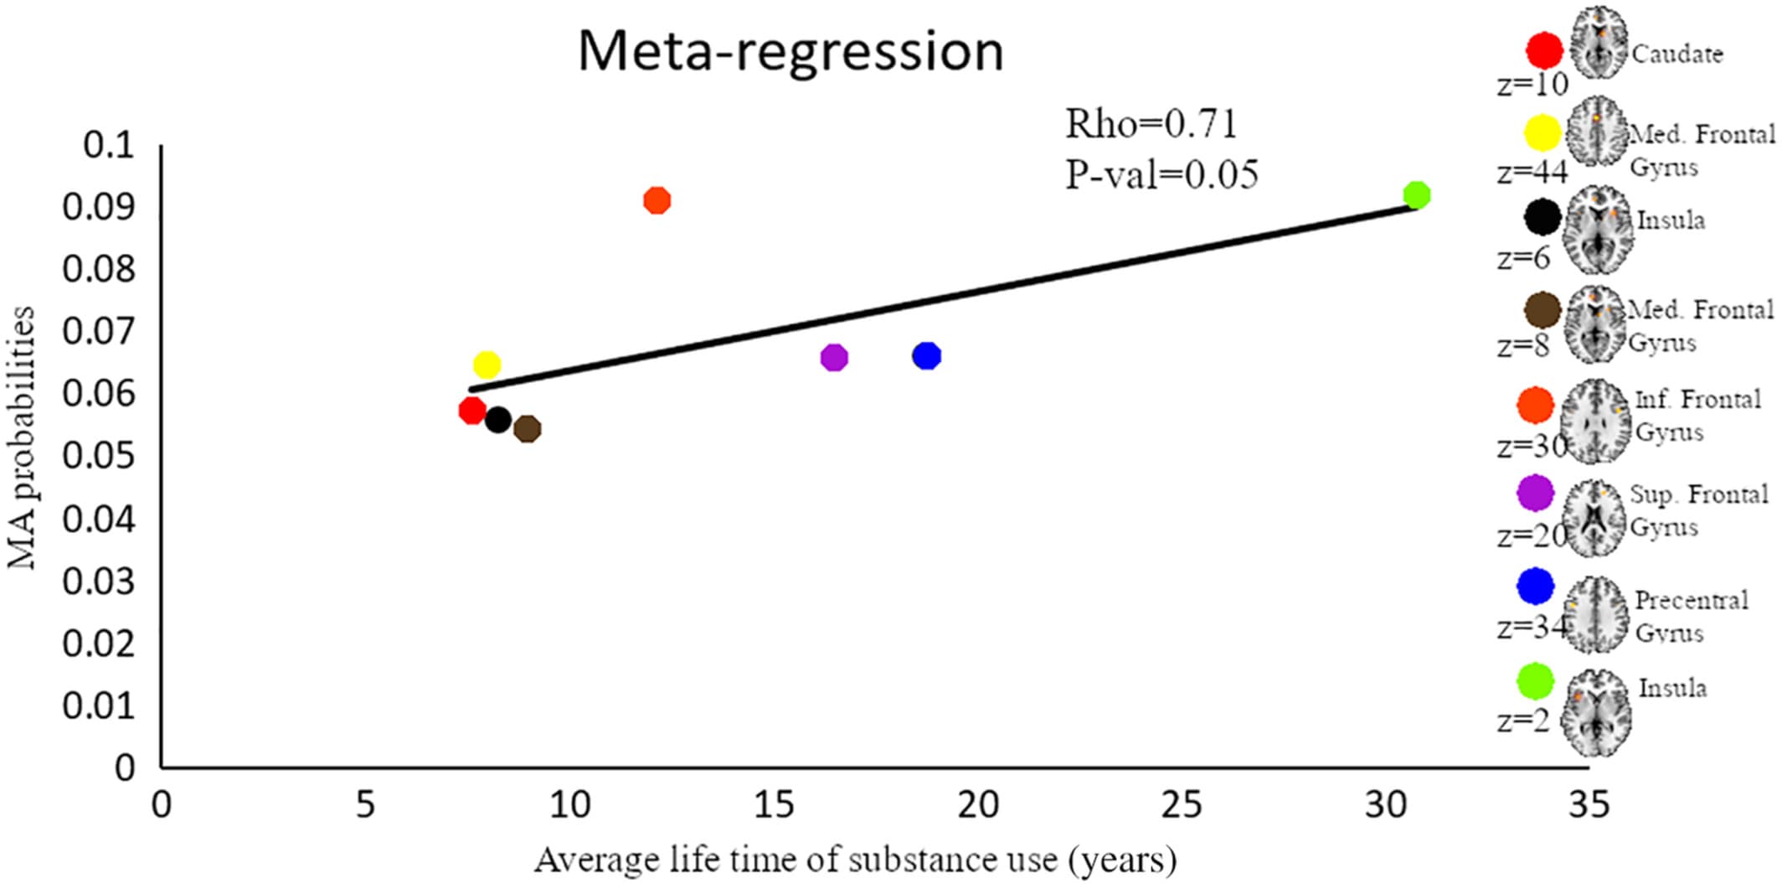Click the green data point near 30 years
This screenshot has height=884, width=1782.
point(1416,195)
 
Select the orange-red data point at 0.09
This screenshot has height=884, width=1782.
point(657,200)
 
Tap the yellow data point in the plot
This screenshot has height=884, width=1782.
point(487,364)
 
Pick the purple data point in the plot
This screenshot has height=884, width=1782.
point(834,357)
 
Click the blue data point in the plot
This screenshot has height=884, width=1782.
point(926,356)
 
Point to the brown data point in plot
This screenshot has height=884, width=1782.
point(527,429)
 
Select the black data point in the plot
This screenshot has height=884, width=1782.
point(497,420)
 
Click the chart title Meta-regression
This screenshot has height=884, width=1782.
point(791,52)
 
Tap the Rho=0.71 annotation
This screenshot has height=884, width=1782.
point(1151,125)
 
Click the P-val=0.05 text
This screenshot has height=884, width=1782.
point(1161,174)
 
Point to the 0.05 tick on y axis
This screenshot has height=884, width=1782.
point(98,456)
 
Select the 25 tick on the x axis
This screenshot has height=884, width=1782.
point(1182,805)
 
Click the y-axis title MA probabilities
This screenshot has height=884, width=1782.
point(22,438)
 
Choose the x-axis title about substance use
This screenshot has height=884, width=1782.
point(855,860)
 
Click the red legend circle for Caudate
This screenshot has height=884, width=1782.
point(1544,50)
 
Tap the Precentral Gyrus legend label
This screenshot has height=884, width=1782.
point(1690,616)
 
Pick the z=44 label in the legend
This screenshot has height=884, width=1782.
point(1532,172)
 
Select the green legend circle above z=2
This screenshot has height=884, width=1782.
point(1535,681)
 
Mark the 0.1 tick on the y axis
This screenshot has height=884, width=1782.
point(109,145)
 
